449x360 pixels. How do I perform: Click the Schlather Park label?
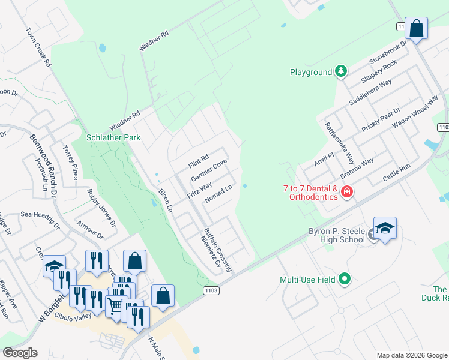tap(113, 137)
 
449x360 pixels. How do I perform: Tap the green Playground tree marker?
tap(341, 72)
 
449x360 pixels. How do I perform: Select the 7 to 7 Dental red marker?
tap(346, 192)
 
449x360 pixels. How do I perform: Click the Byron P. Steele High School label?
tap(337, 235)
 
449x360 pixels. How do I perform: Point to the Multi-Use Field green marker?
tap(344, 280)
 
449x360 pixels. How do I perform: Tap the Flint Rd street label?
tap(198, 161)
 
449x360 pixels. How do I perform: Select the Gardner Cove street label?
tap(208, 171)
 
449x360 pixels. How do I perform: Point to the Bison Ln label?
tap(165, 200)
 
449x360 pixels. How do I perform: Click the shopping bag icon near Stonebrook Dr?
tap(416, 28)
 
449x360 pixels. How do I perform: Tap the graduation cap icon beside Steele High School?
tap(385, 229)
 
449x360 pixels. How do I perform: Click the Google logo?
tap(20, 353)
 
